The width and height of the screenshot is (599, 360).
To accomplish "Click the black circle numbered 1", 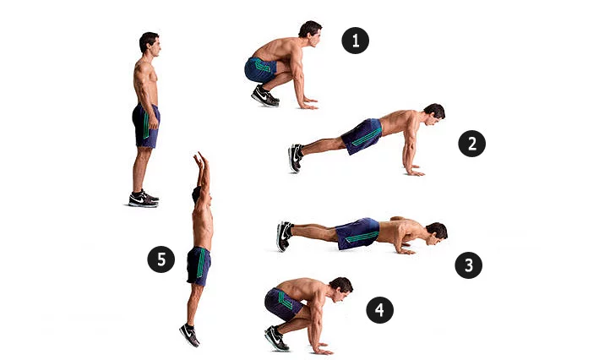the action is pyautogui.click(x=356, y=41).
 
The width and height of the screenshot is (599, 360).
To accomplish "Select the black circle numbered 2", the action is pyautogui.click(x=471, y=144).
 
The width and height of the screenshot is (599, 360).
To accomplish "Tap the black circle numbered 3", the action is pyautogui.click(x=469, y=265).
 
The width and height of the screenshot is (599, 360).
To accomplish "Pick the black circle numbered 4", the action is pyautogui.click(x=379, y=309).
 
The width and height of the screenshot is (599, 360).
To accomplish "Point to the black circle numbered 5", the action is pyautogui.click(x=161, y=259).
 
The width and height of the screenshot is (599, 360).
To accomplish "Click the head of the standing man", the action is pyautogui.click(x=150, y=43).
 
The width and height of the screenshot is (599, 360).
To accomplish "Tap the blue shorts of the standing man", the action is pyautogui.click(x=146, y=125).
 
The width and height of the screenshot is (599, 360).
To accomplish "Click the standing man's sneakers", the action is pyautogui.click(x=144, y=199).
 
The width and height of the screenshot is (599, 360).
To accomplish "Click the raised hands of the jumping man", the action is pyautogui.click(x=201, y=160).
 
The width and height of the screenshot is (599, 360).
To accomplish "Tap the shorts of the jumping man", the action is pyautogui.click(x=199, y=266).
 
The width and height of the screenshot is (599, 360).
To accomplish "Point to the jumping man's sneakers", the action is pyautogui.click(x=190, y=335).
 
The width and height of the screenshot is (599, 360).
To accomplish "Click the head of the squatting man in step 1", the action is pyautogui.click(x=310, y=33).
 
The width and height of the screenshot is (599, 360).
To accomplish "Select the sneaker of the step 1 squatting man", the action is pyautogui.click(x=264, y=95).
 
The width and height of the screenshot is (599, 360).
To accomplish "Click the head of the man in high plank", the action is pyautogui.click(x=434, y=114).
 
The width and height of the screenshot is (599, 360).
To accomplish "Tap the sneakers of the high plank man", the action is pyautogui.click(x=296, y=158).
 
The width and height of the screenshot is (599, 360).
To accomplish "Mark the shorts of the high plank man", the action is pyautogui.click(x=362, y=136).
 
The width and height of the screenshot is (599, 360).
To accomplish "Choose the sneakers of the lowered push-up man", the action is pyautogui.click(x=284, y=236).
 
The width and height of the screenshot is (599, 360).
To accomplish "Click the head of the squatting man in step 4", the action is pyautogui.click(x=341, y=289).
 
